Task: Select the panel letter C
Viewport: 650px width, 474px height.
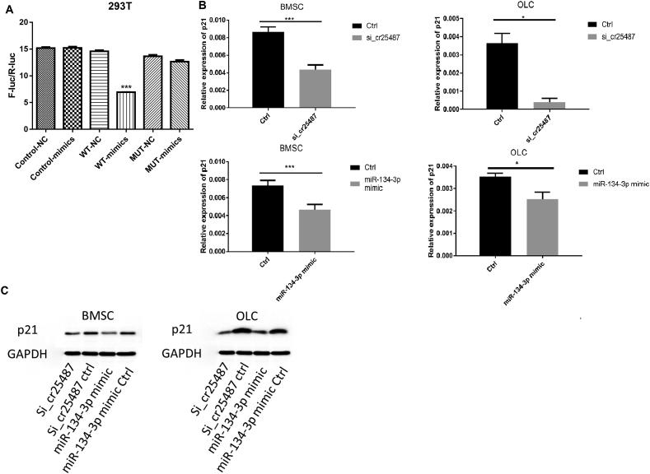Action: [x=7, y=290]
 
